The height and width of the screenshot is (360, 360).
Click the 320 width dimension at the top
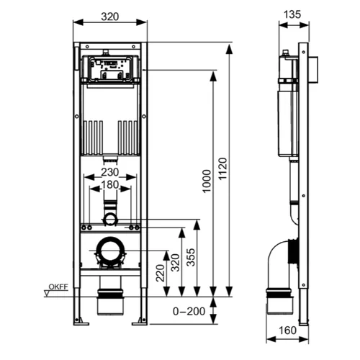[x=110, y=17]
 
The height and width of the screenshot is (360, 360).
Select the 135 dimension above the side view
[x=292, y=14]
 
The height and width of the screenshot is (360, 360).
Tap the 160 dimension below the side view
[x=287, y=330]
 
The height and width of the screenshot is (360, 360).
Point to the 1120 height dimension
[x=222, y=168]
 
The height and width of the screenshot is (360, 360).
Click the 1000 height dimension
[x=207, y=181]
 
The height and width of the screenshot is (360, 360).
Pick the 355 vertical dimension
[x=191, y=257]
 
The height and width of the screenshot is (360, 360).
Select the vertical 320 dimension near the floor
[x=175, y=263]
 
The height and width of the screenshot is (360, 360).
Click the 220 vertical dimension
[x=161, y=273]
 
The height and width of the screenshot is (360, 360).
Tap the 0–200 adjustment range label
[x=189, y=311]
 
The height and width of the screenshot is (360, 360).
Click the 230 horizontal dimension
[x=110, y=172]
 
